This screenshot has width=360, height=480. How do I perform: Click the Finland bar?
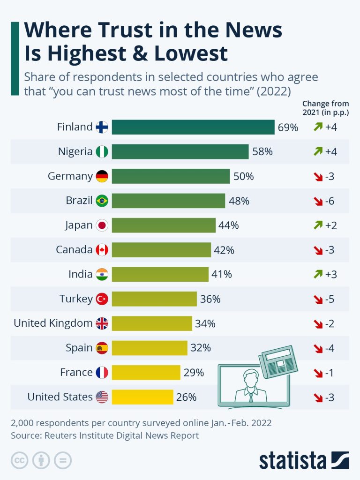[x=193, y=127]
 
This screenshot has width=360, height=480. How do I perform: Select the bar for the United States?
[x=142, y=397]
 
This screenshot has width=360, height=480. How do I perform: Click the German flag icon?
[x=102, y=176]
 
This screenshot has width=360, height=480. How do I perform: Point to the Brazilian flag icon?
[x=102, y=201]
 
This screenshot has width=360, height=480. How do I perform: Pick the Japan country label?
[x=79, y=225]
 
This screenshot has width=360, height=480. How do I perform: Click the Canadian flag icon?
[x=102, y=250]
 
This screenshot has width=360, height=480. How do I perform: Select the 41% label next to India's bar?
[x=222, y=274]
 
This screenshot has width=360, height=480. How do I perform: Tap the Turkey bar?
[x=154, y=299]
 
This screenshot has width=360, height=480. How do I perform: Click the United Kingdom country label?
[x=53, y=323]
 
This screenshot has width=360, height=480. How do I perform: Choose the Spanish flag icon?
[x=102, y=348]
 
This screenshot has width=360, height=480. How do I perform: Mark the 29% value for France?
[x=194, y=373]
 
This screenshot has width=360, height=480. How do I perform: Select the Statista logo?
[x=304, y=460]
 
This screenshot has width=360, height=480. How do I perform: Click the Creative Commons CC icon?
[x=19, y=460]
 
